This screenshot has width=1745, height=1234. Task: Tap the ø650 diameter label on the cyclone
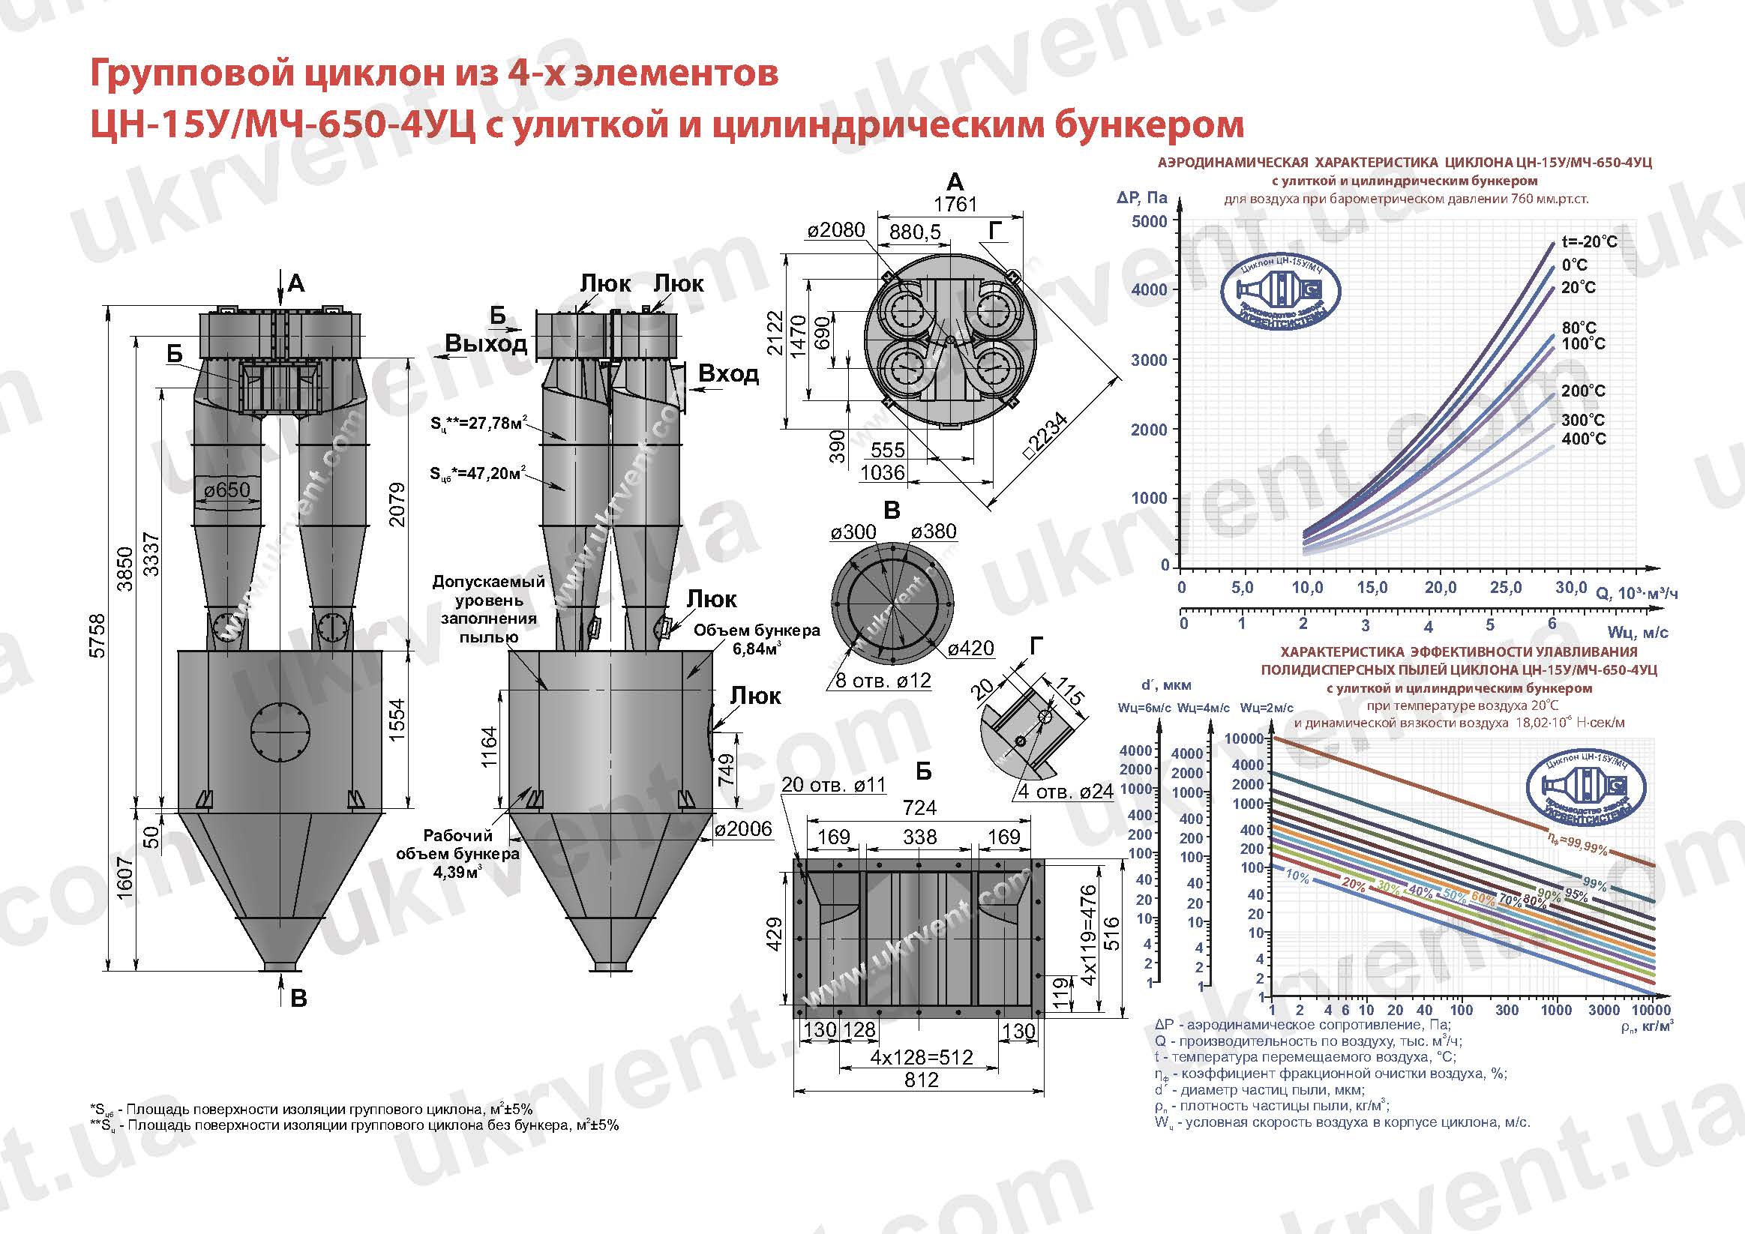[x=226, y=490]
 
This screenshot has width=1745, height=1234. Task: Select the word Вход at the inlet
[x=728, y=374]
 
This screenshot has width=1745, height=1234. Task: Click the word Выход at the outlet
[x=487, y=343]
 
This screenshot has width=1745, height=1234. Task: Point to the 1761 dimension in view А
[x=955, y=205]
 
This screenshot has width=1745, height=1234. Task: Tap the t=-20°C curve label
[x=1590, y=241]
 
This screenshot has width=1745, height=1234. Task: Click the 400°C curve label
[x=1584, y=439]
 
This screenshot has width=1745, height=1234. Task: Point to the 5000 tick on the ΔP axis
[x=1149, y=222]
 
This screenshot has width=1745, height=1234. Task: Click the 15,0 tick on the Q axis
[x=1372, y=587]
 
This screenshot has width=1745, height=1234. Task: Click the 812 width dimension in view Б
[x=921, y=1080]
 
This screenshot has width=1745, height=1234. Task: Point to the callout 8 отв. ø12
[x=883, y=680]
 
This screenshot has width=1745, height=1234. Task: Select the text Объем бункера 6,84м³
[x=756, y=639]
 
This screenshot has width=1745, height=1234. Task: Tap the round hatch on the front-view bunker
[x=280, y=730]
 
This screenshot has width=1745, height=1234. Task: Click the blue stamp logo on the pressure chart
[x=1280, y=291]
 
